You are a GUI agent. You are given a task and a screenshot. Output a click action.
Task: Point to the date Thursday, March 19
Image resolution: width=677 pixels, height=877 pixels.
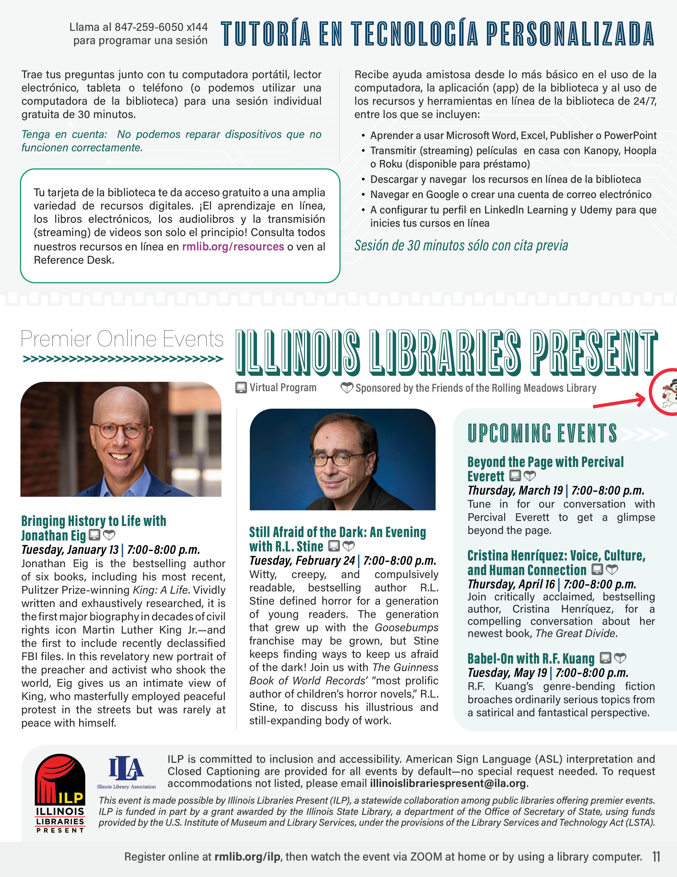tap(515, 491)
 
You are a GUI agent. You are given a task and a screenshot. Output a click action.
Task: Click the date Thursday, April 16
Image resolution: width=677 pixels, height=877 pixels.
tap(511, 584)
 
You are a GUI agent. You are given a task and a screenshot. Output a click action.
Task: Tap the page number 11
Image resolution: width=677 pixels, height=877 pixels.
tap(656, 857)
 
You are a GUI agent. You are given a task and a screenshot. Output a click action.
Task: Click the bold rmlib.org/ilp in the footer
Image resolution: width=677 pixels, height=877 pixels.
tap(247, 857)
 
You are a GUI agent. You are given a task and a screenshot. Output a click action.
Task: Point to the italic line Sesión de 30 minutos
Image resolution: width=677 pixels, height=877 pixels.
tap(461, 245)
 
